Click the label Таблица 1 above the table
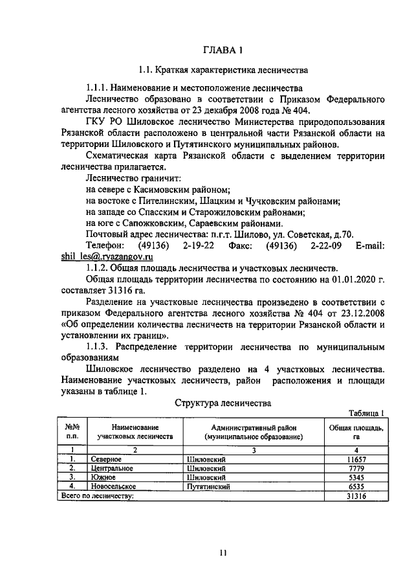[x=367, y=412]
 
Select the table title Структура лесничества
[x=222, y=402]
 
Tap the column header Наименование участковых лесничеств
[x=135, y=433]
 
